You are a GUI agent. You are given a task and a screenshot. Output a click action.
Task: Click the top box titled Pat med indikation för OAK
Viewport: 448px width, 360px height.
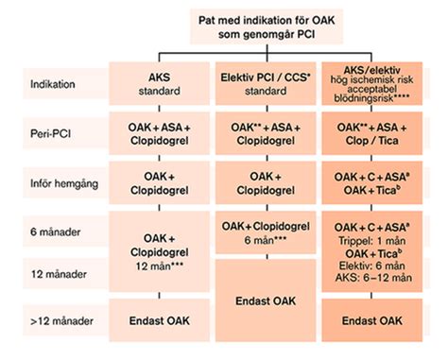pos(267,26)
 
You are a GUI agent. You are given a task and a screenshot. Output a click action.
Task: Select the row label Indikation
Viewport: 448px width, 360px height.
pos(53,84)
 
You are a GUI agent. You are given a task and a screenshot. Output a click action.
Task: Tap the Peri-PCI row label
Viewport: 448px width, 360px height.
pos(50,133)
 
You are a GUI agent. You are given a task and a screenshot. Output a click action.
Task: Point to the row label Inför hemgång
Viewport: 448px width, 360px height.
pos(64,183)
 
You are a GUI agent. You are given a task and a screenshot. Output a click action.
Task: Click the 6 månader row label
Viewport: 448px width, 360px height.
pos(56,231)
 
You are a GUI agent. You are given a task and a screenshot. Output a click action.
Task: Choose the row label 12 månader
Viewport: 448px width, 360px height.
pos(59,274)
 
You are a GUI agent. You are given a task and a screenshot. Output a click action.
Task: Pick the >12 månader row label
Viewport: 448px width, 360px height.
pos(61,321)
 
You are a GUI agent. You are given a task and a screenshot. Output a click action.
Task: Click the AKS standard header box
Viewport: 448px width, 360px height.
pos(160,83)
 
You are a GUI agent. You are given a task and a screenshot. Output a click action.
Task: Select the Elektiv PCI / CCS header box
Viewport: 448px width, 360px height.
pos(266,83)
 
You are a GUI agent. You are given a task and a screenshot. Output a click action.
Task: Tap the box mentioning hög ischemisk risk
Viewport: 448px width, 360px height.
pos(371,83)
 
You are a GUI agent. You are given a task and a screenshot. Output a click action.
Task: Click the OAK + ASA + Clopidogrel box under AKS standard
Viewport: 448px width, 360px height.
pos(160,133)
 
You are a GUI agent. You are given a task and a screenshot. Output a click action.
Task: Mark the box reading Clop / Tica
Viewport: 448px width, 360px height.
pos(371,133)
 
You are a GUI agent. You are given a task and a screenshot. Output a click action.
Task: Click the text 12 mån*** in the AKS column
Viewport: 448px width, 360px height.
pos(160,266)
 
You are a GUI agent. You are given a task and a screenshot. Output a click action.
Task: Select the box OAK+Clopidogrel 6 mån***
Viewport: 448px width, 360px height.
pos(266,232)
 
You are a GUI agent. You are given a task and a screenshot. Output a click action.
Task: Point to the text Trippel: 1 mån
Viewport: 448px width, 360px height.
pos(371,241)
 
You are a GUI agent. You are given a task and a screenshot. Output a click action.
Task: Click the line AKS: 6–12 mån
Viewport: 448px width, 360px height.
pos(373,278)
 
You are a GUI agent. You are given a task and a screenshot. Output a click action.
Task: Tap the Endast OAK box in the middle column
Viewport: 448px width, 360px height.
pos(266,300)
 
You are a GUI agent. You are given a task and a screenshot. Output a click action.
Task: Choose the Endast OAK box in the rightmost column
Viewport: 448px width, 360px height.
pos(371,320)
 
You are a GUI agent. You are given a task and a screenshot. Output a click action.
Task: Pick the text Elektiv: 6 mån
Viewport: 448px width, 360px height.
pos(371,266)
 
